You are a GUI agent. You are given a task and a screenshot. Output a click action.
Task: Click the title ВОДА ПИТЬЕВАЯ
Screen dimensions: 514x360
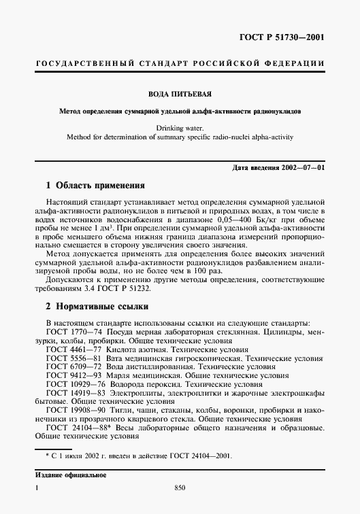[180, 95]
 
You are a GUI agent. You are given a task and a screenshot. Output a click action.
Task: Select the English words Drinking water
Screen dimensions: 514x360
[180, 127]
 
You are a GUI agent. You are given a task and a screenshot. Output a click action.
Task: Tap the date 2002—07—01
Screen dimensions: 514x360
[301, 167]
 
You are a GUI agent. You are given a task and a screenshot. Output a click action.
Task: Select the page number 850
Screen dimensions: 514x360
[180, 487]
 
